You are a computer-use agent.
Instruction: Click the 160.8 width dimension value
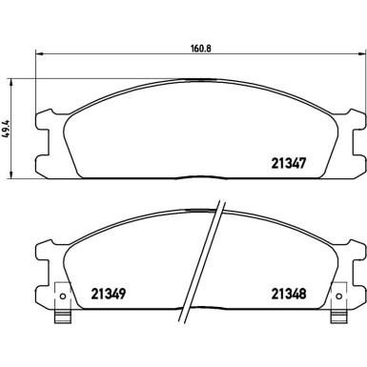point(201,49)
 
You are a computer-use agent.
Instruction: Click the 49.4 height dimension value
point(7,129)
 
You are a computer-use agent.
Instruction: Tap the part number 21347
point(289,163)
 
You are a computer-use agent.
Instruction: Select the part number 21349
point(109,294)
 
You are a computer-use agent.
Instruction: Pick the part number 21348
point(289,294)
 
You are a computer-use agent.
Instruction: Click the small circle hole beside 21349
point(63,296)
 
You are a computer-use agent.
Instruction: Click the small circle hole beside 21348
point(338,296)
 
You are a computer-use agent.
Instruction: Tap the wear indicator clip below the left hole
point(62,316)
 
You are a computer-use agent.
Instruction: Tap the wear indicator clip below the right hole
point(337,316)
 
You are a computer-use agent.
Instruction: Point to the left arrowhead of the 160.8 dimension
point(38,54)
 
